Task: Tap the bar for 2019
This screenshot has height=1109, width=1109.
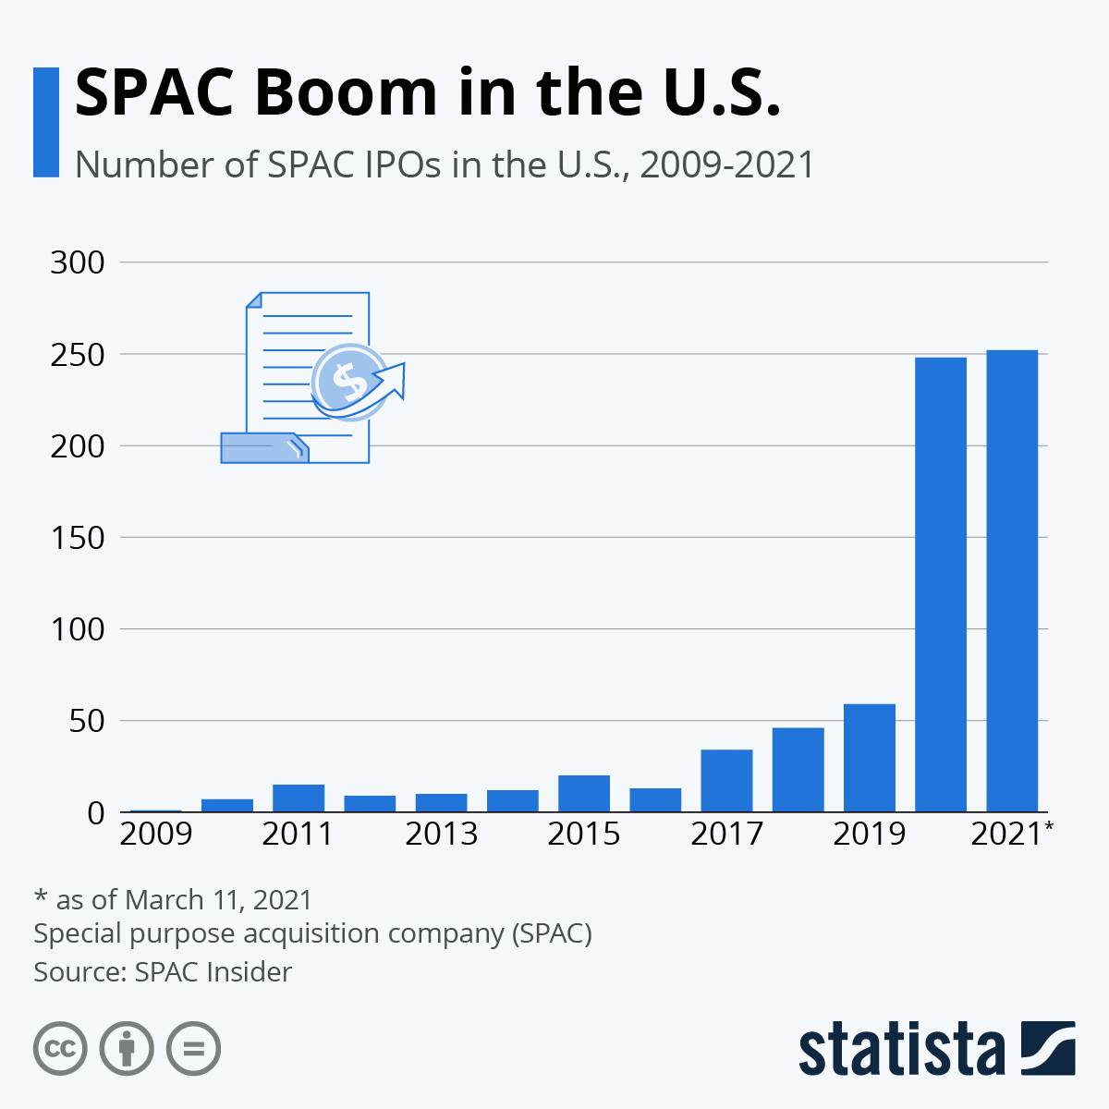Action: [870, 758]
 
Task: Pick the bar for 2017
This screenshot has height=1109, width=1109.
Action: [726, 780]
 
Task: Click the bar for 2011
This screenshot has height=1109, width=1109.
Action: [299, 798]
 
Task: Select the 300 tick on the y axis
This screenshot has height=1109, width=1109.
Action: [78, 262]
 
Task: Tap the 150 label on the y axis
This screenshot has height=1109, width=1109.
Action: [78, 538]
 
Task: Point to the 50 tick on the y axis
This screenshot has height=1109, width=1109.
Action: [85, 721]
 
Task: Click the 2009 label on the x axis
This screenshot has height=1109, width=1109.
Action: [156, 834]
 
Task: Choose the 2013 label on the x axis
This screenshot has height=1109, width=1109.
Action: [442, 834]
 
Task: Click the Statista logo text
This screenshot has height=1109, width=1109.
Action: [901, 1049]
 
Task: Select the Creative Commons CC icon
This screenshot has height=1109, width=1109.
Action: [60, 1049]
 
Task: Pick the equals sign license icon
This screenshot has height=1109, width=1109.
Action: [193, 1049]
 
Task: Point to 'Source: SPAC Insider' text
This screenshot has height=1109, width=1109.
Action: [163, 972]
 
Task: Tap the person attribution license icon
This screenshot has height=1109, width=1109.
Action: [127, 1049]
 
